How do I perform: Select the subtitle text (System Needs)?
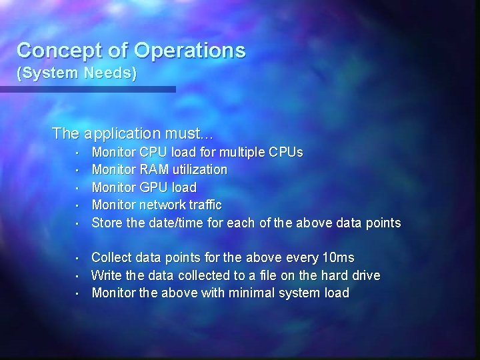(x=77, y=73)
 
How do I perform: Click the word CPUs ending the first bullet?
(x=286, y=153)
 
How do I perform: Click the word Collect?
(x=111, y=257)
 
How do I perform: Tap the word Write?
(x=105, y=275)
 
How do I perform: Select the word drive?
(x=363, y=275)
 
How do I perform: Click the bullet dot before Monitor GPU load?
(x=77, y=188)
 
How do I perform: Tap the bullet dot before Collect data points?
(x=77, y=258)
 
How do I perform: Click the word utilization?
(x=198, y=170)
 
